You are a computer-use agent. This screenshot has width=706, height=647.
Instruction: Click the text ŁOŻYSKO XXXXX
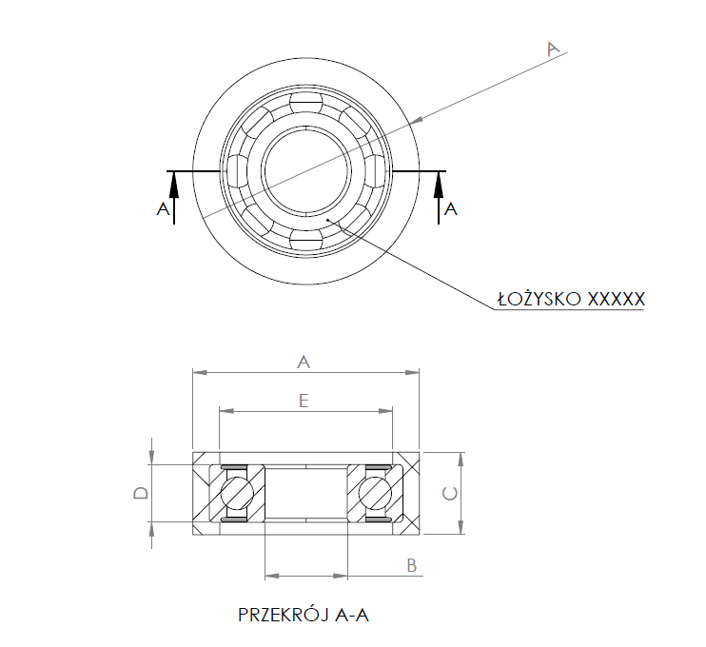tap(571, 298)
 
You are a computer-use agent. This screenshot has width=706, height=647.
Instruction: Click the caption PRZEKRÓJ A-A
tap(303, 615)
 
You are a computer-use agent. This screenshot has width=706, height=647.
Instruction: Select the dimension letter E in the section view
tap(304, 400)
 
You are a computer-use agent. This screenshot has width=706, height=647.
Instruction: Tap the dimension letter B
tap(412, 565)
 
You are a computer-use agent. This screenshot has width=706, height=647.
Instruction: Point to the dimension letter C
tap(450, 494)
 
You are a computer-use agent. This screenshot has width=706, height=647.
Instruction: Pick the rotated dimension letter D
tap(141, 493)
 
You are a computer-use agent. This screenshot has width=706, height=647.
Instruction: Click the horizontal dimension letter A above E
tap(304, 362)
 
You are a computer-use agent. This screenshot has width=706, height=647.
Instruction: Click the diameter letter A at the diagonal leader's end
tap(554, 49)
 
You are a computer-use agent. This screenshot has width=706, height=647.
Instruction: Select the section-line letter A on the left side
tap(163, 208)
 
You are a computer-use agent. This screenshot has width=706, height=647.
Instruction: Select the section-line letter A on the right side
tap(451, 208)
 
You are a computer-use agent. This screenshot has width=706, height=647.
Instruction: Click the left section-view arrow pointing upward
tap(174, 198)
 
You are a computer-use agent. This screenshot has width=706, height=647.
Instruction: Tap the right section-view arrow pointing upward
tap(439, 198)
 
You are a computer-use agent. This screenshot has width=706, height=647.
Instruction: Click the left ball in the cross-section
tap(237, 493)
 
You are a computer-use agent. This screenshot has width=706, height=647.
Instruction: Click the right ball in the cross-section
tap(375, 493)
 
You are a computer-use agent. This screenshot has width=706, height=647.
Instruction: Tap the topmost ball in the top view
tap(306, 103)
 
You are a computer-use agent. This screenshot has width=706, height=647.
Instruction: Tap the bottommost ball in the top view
tap(306, 239)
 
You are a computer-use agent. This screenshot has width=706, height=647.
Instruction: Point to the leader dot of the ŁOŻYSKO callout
tap(329, 219)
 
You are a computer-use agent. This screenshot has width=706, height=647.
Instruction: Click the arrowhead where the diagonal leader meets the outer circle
tap(417, 119)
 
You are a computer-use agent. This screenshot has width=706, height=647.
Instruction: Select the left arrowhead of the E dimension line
tap(226, 411)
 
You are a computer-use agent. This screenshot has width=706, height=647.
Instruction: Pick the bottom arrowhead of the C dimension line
tap(461, 527)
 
